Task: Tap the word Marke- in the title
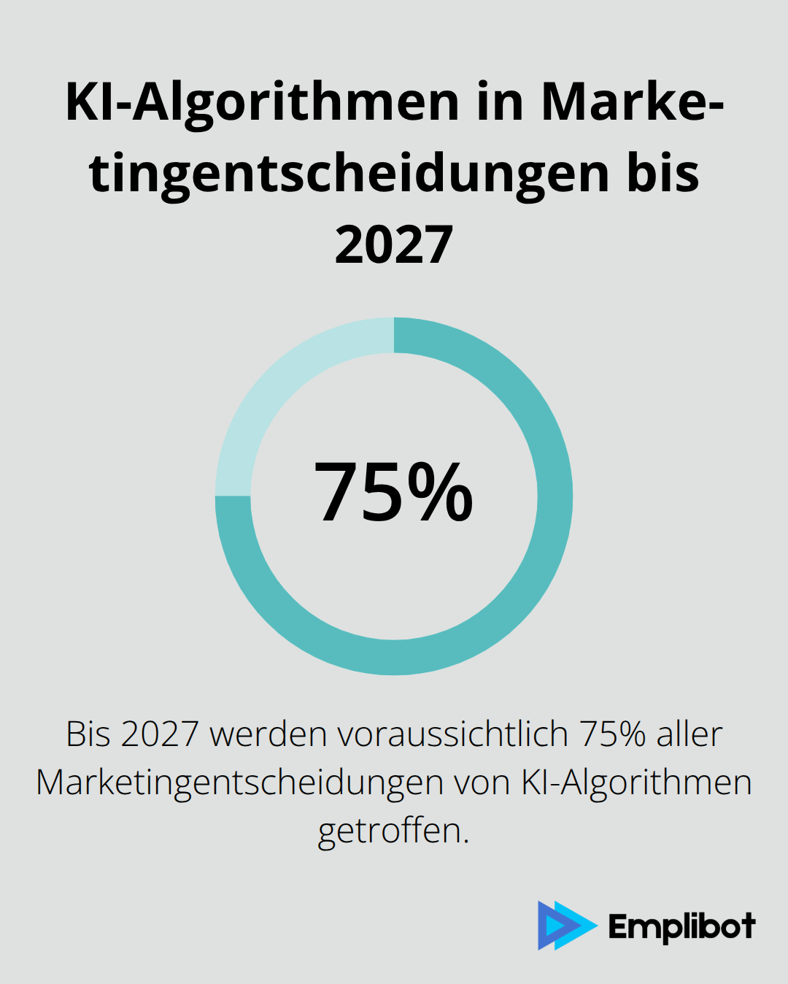[632, 102]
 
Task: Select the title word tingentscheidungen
[349, 174]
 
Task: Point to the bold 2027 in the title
[394, 245]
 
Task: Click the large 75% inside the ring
[394, 493]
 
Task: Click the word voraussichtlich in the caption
[452, 734]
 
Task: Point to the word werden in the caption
[269, 734]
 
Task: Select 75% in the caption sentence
[613, 734]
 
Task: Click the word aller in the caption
[689, 734]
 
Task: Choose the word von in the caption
[482, 783]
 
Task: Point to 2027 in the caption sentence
[160, 734]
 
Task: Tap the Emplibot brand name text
[681, 927]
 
